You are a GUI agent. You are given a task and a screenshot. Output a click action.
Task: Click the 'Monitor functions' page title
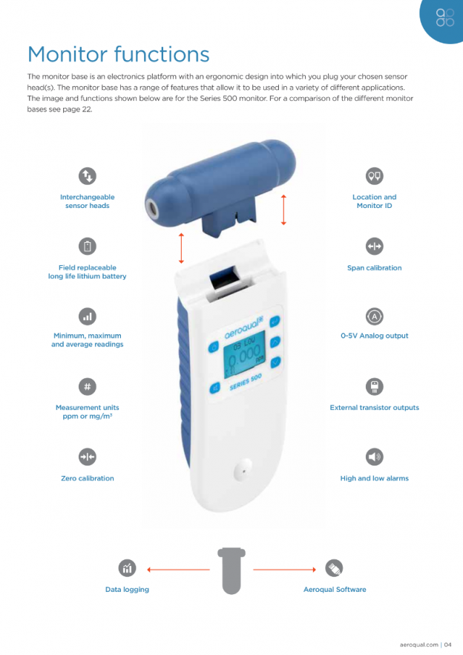[118, 54]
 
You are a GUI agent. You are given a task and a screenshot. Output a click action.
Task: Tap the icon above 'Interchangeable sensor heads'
[88, 176]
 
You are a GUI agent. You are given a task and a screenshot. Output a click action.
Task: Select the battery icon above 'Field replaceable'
[88, 246]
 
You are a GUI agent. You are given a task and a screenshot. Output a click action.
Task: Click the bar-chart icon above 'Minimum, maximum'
[88, 316]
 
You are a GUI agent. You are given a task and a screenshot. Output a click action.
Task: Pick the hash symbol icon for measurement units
[88, 386]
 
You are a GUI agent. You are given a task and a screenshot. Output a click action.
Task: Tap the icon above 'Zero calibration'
[88, 457]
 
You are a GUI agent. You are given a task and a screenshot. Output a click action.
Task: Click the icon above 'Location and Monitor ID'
[374, 176]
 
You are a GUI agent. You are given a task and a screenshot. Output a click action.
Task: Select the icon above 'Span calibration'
[374, 246]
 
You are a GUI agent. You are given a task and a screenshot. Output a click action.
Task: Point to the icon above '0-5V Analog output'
[374, 316]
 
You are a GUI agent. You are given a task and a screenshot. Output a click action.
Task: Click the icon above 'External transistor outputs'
[374, 386]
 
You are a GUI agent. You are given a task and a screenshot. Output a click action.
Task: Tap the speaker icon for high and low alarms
[374, 457]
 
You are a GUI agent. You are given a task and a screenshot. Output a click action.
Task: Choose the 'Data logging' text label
[127, 590]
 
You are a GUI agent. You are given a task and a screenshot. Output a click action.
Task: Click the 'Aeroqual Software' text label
[335, 590]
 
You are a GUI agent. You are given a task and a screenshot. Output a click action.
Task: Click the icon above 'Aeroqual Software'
[335, 568]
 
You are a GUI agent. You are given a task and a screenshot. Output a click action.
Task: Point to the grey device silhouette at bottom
[231, 570]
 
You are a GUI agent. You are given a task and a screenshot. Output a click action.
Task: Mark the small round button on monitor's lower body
[242, 469]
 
